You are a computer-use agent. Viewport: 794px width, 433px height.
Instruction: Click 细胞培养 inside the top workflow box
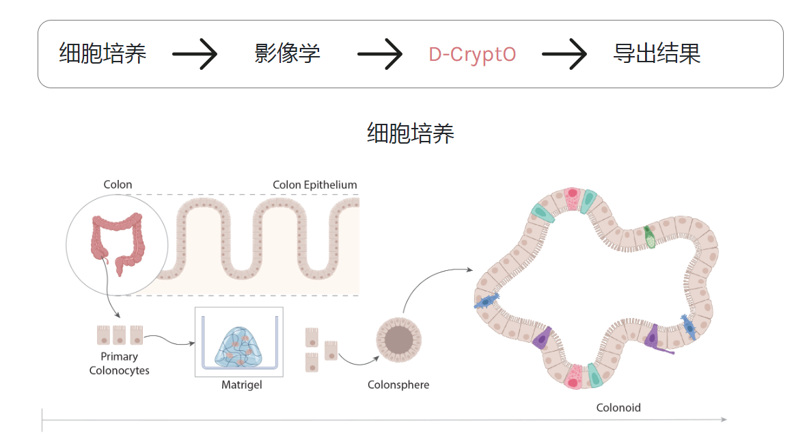102,54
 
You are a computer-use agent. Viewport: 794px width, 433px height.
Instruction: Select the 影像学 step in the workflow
287,54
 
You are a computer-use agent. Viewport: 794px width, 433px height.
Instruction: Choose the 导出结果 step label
657,54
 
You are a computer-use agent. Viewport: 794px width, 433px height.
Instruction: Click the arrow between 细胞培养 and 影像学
194,54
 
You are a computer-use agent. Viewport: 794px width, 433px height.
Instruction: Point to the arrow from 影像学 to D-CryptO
380,54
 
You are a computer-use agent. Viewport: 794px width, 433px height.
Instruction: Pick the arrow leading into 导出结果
564,54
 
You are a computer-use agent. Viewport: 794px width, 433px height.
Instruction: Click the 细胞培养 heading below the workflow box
410,133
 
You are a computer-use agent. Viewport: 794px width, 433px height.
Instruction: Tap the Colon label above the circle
118,185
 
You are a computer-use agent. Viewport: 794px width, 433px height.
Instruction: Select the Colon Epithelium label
314,185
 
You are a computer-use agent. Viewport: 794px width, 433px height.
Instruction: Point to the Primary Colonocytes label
119,363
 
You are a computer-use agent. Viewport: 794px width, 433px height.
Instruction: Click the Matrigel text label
241,385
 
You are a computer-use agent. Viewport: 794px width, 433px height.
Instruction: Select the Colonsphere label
398,385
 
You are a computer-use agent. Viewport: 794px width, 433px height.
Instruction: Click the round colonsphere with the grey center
398,339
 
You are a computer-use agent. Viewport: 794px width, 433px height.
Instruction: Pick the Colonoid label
618,408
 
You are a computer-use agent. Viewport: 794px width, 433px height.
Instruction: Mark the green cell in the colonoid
650,237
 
